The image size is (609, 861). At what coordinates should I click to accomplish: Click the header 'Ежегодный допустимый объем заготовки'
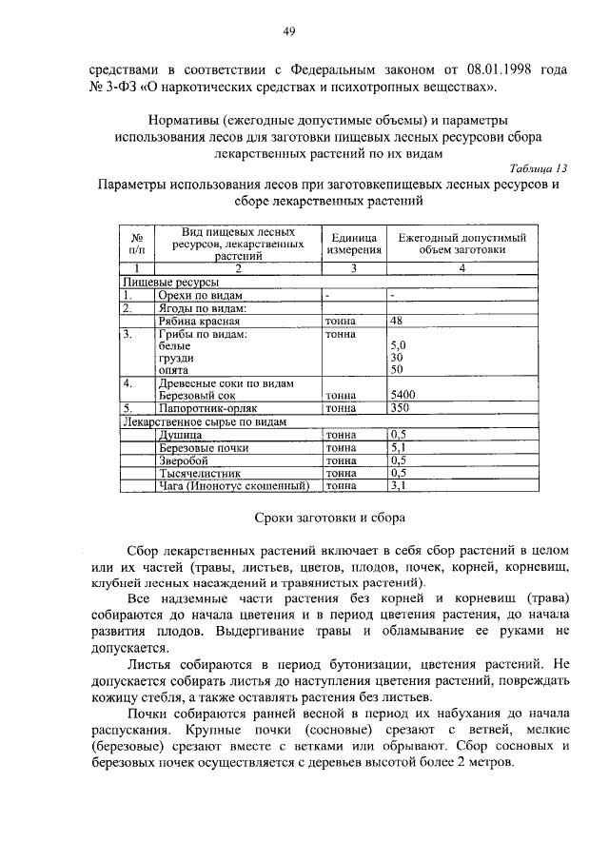(462, 243)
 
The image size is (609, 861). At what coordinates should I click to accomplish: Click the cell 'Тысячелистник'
(200, 472)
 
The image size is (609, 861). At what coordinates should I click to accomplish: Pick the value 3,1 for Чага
(399, 485)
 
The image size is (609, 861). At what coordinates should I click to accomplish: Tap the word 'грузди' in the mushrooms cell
(177, 358)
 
